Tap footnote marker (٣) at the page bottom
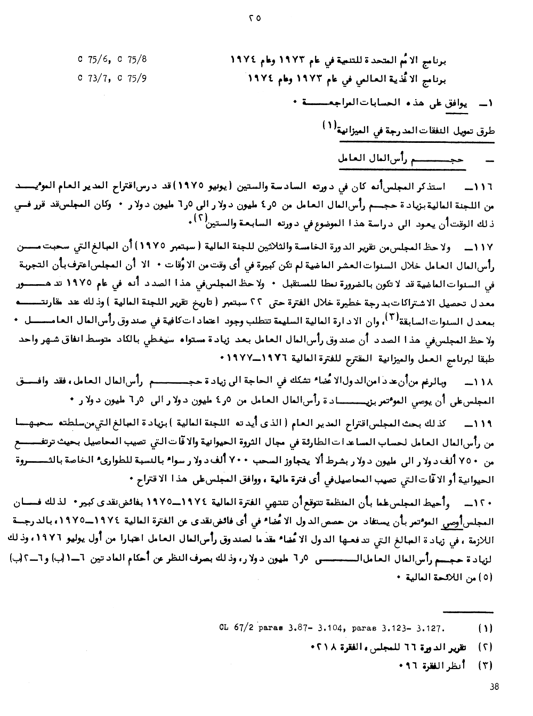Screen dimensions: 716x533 (x=486, y=665)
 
